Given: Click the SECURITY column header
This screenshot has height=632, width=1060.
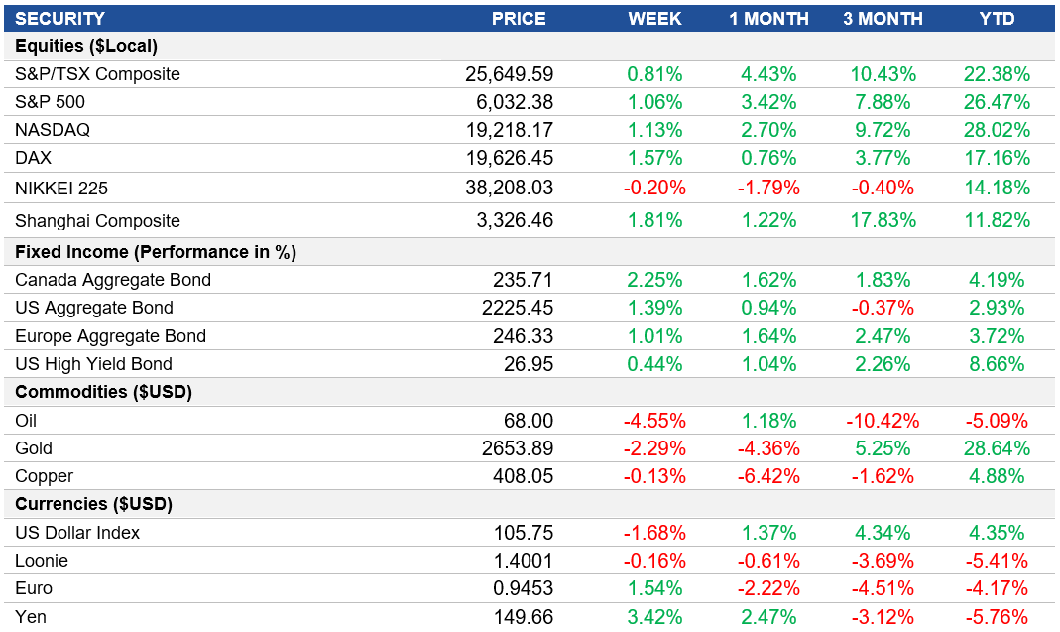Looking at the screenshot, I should pos(59,18).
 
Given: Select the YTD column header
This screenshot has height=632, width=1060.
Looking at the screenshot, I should pos(997,18).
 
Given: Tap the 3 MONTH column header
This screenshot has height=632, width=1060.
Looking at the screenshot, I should pos(883,18).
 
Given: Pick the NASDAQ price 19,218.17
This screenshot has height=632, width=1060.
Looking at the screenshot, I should pos(509,130).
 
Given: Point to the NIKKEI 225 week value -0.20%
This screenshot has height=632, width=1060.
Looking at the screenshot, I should pos(654,188).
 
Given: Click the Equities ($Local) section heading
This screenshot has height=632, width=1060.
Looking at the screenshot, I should pos(86,46).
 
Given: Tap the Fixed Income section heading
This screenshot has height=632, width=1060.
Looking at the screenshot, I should pos(156,252).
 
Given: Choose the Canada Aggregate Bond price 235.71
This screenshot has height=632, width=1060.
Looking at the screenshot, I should pos(523,280).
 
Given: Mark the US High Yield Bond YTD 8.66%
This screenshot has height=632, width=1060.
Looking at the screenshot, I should pos(997,364).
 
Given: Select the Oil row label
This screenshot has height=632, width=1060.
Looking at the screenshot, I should pos(27,420).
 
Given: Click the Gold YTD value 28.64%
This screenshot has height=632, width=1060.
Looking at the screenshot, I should pos(997,448).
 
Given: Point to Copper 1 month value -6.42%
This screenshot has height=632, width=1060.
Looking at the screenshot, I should pos(768,476).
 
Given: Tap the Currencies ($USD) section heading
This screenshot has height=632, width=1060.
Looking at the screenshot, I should pos(93,504).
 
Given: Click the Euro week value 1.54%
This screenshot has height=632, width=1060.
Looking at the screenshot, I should pos(654,588).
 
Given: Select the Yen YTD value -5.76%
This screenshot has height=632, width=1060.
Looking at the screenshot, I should pos(997,617).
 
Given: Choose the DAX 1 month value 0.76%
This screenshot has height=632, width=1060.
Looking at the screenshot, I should pos(768,158).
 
